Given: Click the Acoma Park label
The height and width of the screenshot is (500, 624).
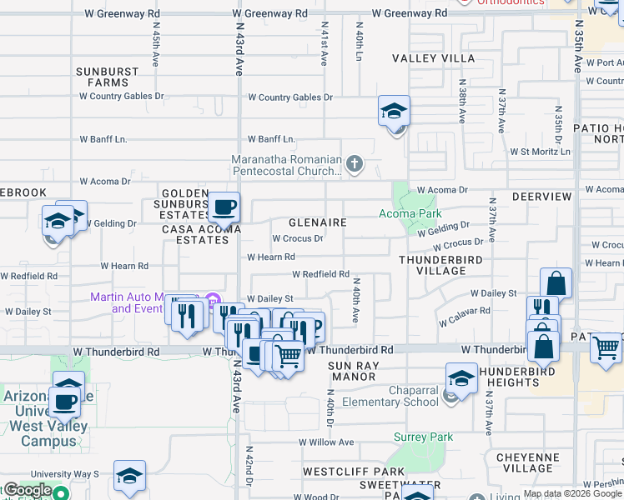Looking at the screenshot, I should coord(410,212).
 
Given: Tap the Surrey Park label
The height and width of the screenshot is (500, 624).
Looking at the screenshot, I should coord(423,437).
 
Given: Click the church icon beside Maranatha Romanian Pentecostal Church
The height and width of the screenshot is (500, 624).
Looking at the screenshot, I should coord(355,164).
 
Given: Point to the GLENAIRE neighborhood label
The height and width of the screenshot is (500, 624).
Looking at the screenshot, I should coord(317,223).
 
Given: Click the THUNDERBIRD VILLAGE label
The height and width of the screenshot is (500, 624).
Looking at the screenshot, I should coord(442,265).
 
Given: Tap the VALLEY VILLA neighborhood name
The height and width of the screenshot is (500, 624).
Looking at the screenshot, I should coord(434,58).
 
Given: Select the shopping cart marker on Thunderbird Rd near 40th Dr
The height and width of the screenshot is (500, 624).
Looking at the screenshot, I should coord(289,356).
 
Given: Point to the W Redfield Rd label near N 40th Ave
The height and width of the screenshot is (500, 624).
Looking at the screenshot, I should coord(320,274).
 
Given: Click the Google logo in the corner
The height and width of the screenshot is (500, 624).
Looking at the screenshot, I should coord(28,490).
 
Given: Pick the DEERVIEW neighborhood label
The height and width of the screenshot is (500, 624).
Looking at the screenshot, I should coord(541,197).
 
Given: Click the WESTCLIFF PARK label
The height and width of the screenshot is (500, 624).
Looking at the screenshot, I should coord(342,471).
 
